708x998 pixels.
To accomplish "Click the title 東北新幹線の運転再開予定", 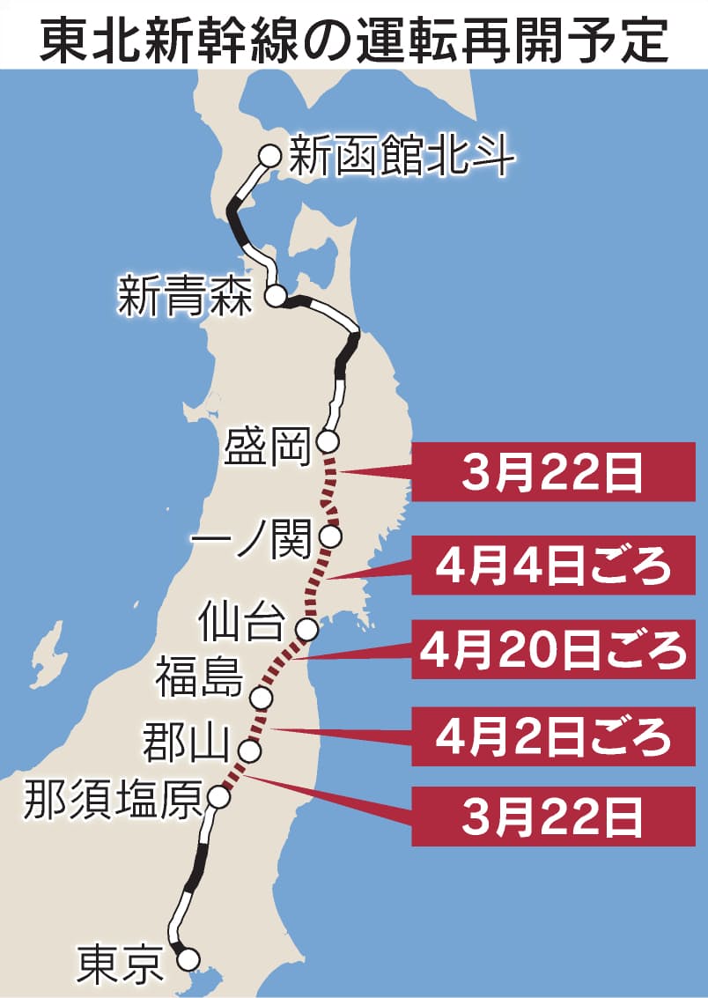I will (x=354, y=35).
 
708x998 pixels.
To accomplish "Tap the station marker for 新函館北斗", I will (x=269, y=156).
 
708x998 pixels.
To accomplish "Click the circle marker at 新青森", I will (x=277, y=297).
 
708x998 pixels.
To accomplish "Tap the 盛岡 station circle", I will (x=329, y=440).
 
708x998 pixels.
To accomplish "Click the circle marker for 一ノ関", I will (x=331, y=536).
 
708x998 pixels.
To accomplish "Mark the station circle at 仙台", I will (x=307, y=629).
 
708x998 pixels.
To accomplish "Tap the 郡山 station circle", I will (x=250, y=751).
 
